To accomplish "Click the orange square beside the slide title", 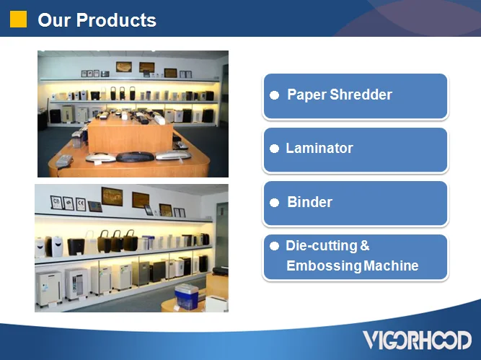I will point(18,19).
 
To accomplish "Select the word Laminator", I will point(319,148).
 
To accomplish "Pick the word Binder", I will point(309,202).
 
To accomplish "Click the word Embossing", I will point(323,265).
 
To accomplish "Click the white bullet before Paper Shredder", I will point(274,95).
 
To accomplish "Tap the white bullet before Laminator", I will point(274,149).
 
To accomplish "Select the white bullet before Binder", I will point(274,203).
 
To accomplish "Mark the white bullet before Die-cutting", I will point(274,246).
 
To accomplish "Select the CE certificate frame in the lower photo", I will point(81,204).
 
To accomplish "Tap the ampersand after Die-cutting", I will point(365,246).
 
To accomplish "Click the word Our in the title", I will point(54,20).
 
